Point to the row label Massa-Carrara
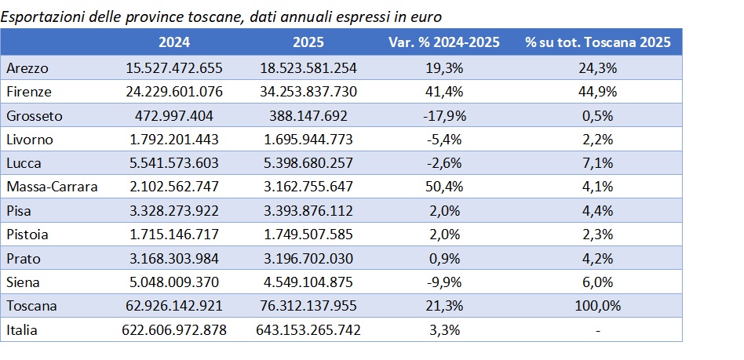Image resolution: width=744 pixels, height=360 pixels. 49,187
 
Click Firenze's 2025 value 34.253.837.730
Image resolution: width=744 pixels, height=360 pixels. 308,92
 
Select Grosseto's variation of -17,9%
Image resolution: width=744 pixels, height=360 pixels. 444,116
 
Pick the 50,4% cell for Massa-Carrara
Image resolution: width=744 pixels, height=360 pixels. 444,187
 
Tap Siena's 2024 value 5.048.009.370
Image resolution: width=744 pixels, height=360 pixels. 174,282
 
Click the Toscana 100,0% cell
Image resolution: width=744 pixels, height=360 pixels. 598,307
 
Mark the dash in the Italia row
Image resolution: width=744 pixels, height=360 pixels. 598,330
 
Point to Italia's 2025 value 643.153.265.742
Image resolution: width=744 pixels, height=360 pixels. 308,330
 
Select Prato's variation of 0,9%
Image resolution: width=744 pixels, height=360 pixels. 444,259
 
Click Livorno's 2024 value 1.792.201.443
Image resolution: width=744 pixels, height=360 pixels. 174,140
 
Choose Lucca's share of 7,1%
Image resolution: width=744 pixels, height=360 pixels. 598,163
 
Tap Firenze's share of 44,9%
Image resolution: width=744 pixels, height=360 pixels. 598,92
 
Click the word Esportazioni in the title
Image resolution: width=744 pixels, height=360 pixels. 40,15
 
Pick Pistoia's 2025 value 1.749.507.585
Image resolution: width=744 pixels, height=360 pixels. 308,235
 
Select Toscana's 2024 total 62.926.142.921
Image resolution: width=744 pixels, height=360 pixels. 174,307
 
